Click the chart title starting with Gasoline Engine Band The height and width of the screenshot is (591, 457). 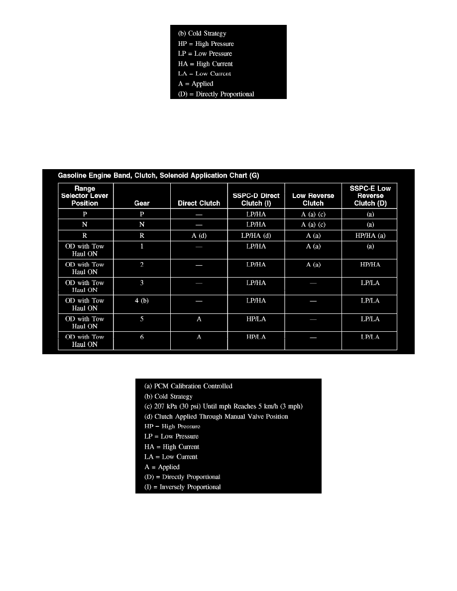(159, 175)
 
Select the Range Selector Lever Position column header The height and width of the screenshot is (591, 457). (86, 196)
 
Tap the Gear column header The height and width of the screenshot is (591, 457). (142, 203)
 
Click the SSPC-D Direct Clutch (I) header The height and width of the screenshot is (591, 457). (256, 199)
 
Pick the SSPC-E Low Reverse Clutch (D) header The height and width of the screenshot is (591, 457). (369, 196)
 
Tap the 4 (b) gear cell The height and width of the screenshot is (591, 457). (142, 300)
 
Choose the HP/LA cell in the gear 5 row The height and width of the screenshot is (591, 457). (256, 319)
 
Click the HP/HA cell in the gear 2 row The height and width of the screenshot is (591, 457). (369, 265)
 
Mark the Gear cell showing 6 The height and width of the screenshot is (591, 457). (142, 337)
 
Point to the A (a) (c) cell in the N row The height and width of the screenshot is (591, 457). (313, 224)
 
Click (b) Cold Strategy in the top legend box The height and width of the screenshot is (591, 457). (202, 34)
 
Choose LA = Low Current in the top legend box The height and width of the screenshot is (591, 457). (205, 74)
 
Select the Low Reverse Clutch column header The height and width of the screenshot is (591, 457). (313, 199)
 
